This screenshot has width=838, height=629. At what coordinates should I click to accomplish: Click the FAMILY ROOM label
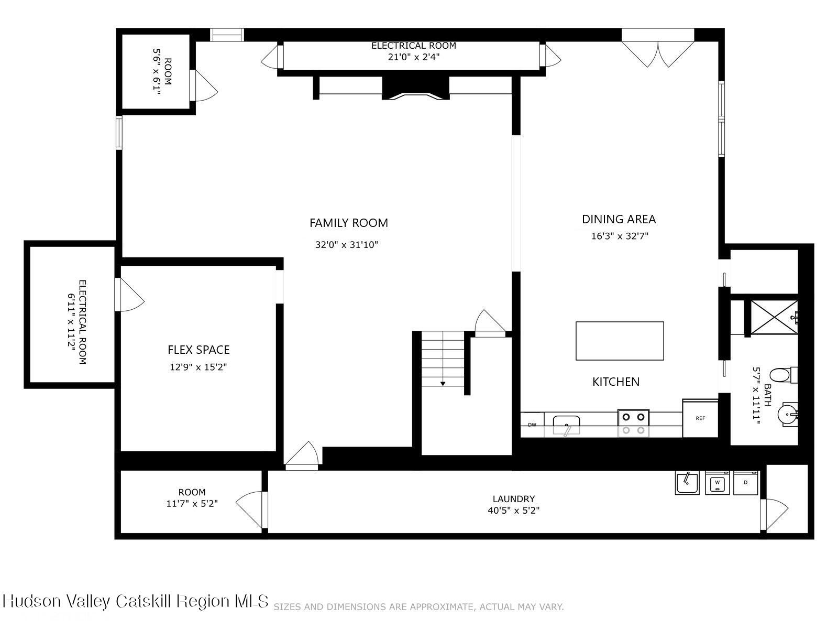click(348, 223)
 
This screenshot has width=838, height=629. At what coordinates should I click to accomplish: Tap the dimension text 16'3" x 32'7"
click(620, 236)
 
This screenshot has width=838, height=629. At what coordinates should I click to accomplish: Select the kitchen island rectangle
click(620, 341)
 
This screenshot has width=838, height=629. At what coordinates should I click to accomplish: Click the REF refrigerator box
click(700, 418)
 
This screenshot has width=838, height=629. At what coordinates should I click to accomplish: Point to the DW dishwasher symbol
click(532, 425)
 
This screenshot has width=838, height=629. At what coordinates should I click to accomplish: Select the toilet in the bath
click(782, 375)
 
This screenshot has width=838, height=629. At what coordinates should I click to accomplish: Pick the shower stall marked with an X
click(774, 317)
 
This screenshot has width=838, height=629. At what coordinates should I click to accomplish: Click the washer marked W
click(718, 482)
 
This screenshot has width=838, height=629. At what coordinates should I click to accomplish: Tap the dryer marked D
click(746, 482)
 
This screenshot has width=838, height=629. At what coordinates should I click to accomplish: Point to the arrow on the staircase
click(443, 384)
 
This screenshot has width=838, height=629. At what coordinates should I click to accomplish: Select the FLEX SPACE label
click(199, 350)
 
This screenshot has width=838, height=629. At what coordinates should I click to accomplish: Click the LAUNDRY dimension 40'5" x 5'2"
click(513, 510)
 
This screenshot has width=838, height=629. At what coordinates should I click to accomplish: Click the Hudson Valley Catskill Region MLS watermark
click(136, 601)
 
